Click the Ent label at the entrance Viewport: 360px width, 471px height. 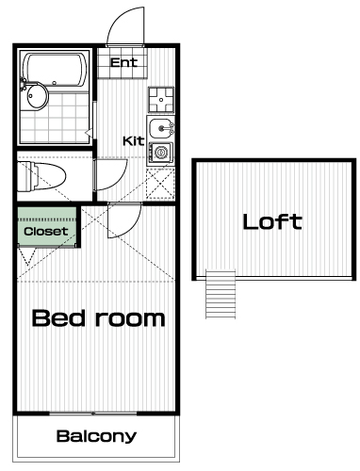[x=123, y=62]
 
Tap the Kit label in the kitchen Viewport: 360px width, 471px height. [x=133, y=141]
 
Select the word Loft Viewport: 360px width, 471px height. [x=272, y=221]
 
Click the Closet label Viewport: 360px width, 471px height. [x=46, y=232]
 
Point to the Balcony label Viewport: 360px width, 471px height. [x=96, y=436]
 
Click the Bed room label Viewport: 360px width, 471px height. [x=99, y=318]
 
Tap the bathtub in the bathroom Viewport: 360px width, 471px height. [x=57, y=70]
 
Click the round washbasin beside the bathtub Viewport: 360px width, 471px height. [x=37, y=96]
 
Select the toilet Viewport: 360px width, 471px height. [x=41, y=176]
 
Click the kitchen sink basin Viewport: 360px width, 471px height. [x=160, y=128]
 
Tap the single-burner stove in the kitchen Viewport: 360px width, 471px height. [x=161, y=153]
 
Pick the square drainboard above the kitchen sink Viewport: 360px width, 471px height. [x=161, y=100]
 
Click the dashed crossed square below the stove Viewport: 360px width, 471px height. [x=160, y=184]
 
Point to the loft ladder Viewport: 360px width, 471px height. [x=221, y=294]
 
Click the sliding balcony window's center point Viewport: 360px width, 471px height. [x=93, y=414]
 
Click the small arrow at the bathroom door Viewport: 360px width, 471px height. [x=89, y=134]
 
